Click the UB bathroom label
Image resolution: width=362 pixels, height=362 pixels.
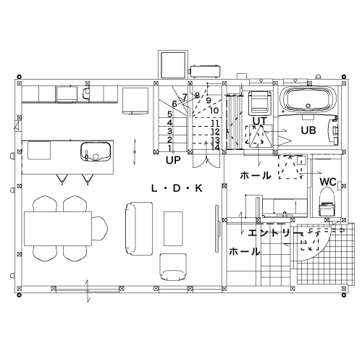coord(308,130)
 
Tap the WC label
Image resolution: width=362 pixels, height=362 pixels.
coord(328,182)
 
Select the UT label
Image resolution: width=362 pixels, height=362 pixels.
coord(260,121)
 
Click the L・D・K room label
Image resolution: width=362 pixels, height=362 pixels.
coord(177,188)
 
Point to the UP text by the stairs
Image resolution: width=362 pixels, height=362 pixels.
coord(173,160)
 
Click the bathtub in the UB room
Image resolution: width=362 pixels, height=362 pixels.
coord(308,99)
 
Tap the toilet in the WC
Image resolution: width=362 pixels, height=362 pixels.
coord(327,202)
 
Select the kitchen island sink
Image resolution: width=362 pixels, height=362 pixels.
coord(96,151)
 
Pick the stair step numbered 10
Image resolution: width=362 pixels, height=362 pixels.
coord(214,111)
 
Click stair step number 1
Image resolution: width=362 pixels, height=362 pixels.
coord(169,148)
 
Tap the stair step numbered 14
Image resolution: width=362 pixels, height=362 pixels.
coord(216,147)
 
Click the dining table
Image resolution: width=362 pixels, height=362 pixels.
coord(58,229)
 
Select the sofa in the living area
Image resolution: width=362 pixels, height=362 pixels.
coord(139,229)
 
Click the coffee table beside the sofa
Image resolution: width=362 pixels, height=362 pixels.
coord(173,229)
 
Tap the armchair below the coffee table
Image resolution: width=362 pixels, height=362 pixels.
coord(173,267)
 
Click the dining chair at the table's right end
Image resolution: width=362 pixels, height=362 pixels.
coord(100,229)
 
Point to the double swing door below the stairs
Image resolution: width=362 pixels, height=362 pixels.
coord(206,161)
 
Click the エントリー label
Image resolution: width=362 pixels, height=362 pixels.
coord(275,233)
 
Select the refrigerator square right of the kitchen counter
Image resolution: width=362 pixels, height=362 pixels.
coord(135,101)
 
